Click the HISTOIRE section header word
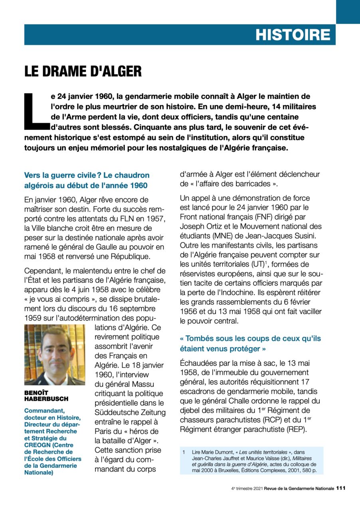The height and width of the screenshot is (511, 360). click(x=293, y=35)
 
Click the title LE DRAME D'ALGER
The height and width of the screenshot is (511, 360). click(x=83, y=71)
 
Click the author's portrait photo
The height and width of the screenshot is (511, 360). click(x=54, y=355)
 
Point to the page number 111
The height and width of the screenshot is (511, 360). click(x=340, y=488)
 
